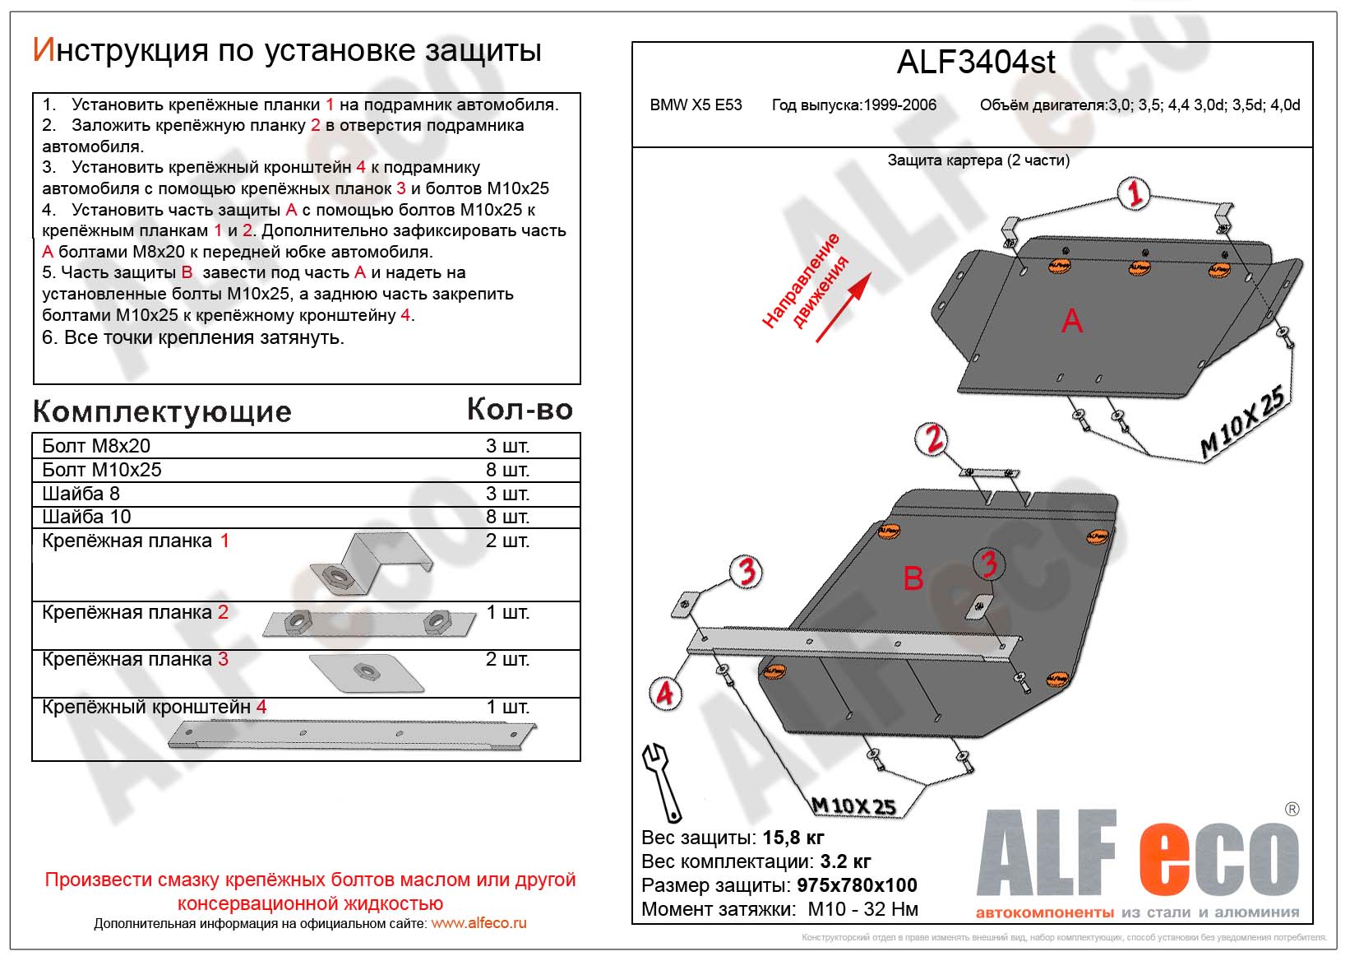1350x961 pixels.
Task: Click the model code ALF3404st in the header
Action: coord(975,63)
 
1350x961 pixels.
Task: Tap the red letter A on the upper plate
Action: coord(1071,321)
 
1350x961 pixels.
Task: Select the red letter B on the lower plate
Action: coord(913,578)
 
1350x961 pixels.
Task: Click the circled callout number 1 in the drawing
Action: coord(1135,193)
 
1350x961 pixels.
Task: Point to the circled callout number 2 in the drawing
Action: coord(933,439)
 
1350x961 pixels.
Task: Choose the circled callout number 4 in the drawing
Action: coord(664,694)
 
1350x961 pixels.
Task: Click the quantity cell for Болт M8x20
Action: coord(507,446)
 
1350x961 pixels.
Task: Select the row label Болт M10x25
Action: coord(102,470)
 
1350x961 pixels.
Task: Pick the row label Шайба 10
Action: coord(86,517)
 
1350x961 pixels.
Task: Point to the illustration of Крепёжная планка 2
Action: coord(369,623)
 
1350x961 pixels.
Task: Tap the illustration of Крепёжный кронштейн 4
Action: coord(353,732)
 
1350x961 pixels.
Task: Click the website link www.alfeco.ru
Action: coord(479,923)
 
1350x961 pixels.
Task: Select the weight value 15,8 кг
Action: coord(793,838)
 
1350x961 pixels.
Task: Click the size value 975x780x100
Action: coord(857,885)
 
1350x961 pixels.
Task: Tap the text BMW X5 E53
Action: coord(696,105)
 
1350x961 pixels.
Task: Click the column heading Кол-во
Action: coord(520,409)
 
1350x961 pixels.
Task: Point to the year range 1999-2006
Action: coord(899,105)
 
